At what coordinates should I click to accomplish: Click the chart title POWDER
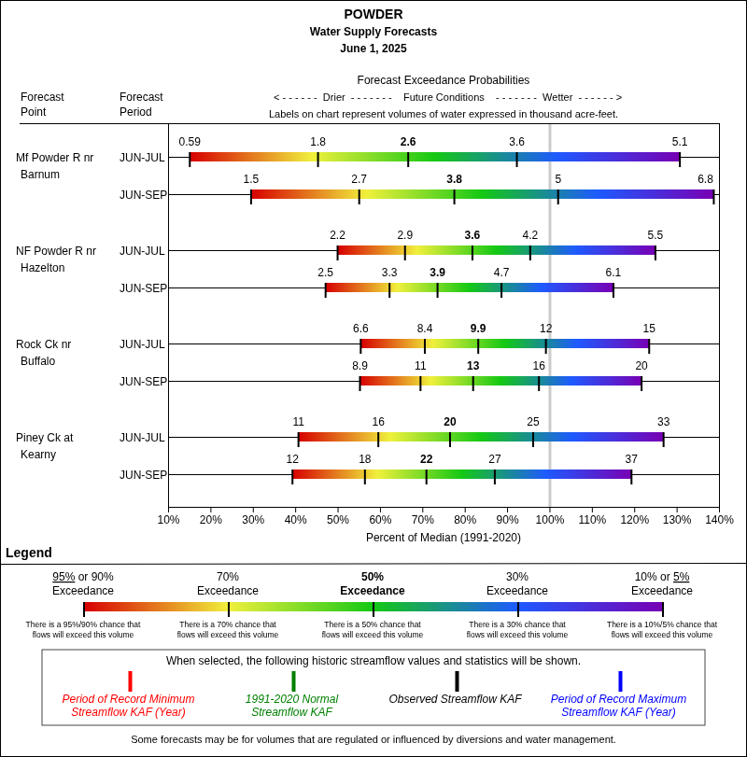[373, 14]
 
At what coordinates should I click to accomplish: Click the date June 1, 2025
[373, 49]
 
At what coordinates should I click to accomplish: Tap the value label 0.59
[190, 142]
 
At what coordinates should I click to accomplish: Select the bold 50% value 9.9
[478, 329]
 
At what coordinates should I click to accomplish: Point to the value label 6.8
[705, 179]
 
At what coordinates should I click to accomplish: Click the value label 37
[631, 459]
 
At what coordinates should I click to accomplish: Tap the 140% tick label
[719, 520]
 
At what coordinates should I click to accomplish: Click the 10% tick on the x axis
[169, 520]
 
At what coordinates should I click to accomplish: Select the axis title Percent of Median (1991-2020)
[444, 538]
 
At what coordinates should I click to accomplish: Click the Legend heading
[29, 553]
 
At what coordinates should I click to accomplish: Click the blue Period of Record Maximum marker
[620, 681]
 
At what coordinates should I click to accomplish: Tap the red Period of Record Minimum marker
[130, 681]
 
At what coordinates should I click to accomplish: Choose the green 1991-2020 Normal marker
[293, 681]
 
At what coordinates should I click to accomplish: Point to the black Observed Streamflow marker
[457, 681]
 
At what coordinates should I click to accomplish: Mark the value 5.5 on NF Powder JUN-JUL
[655, 235]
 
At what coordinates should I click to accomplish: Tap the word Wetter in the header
[557, 97]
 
